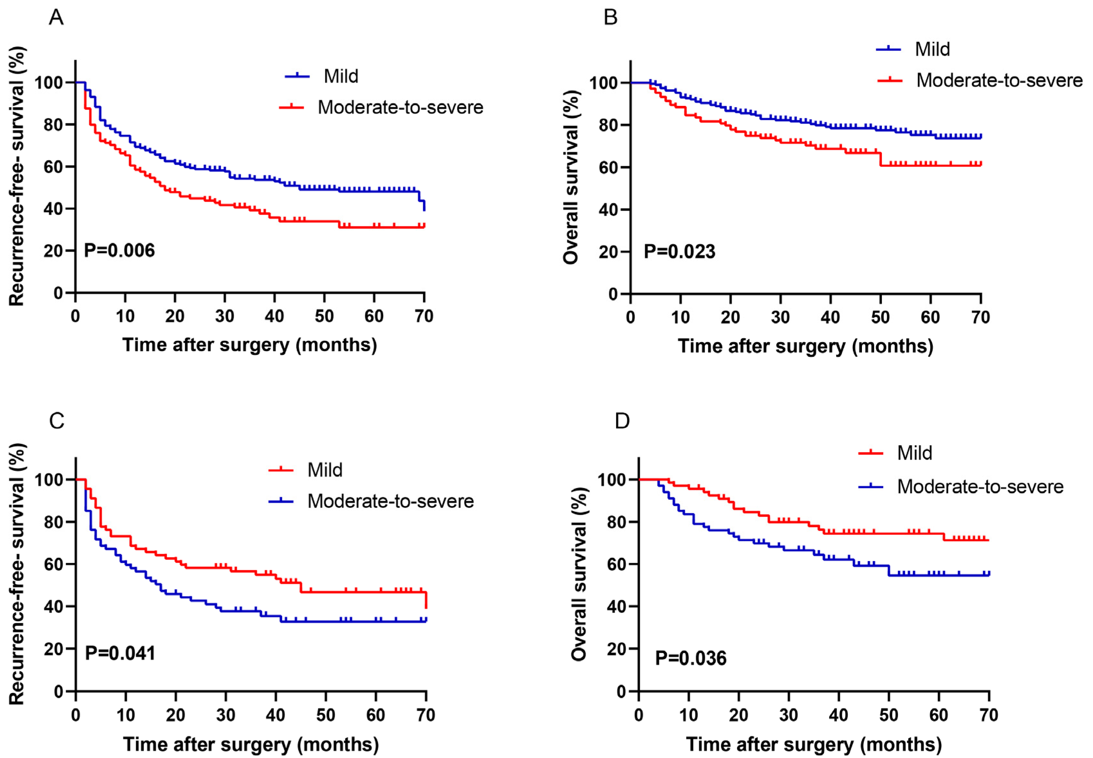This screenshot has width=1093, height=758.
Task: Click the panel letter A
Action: coord(56,18)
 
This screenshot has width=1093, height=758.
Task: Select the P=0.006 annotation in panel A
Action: coord(119,250)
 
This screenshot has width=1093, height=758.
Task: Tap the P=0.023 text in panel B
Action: coord(679,251)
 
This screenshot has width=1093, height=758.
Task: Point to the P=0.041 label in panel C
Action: coord(120,653)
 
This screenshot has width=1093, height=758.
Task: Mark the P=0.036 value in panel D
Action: coord(690,658)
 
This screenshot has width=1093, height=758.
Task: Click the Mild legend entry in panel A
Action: coord(341,76)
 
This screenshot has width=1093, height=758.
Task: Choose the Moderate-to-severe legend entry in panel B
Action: coord(999,80)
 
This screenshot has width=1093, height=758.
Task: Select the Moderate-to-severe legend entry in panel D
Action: coord(980,486)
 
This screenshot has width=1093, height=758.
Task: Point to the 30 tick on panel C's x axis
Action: coord(226,715)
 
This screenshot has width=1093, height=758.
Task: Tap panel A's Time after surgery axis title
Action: coord(250,345)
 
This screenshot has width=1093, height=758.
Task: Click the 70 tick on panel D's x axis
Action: coord(988,715)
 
